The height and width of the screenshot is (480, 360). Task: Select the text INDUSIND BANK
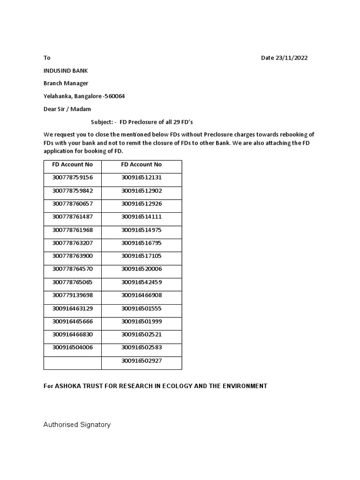(66, 71)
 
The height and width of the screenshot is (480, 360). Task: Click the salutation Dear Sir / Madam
(67, 109)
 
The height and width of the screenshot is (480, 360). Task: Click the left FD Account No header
(72, 165)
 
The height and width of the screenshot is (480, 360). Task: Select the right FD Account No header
(141, 165)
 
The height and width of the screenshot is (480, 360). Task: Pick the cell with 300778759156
(73, 178)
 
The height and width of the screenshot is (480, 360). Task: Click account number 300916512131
(141, 178)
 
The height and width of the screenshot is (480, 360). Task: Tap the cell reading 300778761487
(73, 217)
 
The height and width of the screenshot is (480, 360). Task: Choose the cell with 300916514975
(141, 230)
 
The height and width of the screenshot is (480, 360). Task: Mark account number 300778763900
(73, 256)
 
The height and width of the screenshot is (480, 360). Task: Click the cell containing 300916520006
(141, 269)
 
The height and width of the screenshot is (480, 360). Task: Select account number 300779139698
(73, 295)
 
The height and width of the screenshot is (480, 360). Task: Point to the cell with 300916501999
(141, 321)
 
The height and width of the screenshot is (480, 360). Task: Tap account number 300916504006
(73, 347)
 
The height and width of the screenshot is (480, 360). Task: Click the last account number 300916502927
(141, 360)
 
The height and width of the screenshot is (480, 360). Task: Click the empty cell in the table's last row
(73, 363)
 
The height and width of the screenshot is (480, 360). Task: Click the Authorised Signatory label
(77, 425)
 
